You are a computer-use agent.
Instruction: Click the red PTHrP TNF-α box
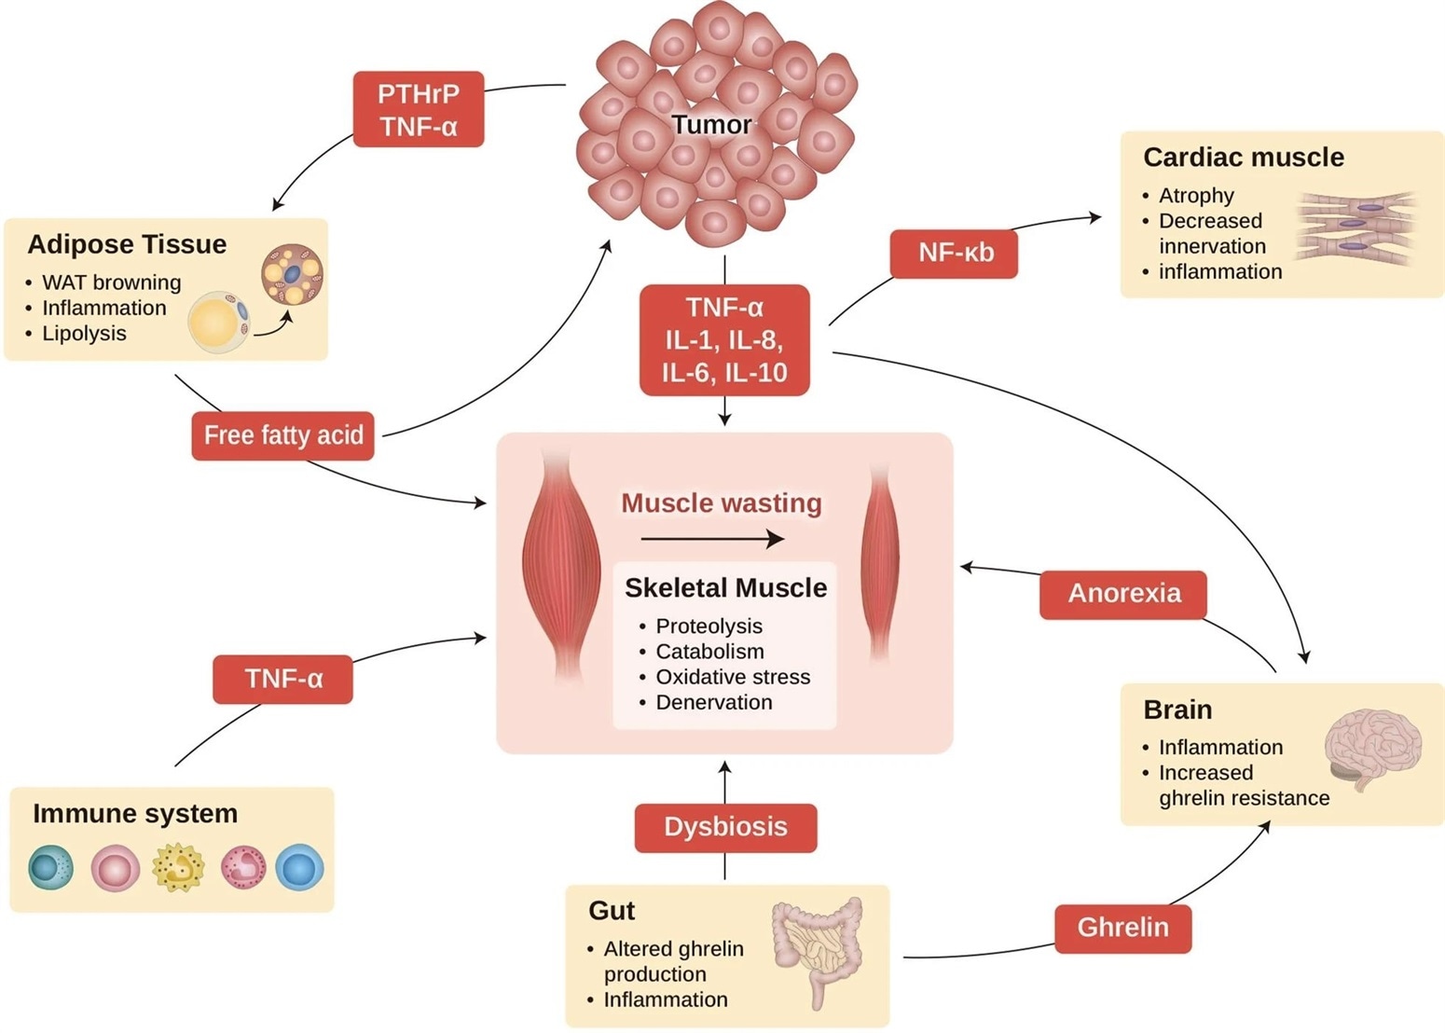(419, 109)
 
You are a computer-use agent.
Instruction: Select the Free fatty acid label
(282, 435)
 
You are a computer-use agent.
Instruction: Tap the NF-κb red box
(954, 253)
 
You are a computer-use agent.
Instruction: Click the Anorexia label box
(1123, 594)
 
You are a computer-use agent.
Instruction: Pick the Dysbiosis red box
(725, 827)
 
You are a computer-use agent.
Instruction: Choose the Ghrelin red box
(1122, 928)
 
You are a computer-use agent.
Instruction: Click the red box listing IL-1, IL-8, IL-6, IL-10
(724, 340)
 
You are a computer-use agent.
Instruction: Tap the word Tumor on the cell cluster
(711, 125)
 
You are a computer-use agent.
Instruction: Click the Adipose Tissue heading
(127, 244)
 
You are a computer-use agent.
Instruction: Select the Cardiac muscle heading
(1243, 158)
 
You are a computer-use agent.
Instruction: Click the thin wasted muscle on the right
(881, 564)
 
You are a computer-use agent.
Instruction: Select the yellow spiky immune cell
(178, 867)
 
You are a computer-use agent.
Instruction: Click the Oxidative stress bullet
(732, 677)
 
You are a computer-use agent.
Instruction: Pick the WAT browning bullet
(111, 282)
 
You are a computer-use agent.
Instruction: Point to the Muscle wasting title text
(721, 503)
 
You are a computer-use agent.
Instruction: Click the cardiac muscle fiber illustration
(1356, 227)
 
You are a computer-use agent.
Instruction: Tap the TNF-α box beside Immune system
(282, 679)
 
